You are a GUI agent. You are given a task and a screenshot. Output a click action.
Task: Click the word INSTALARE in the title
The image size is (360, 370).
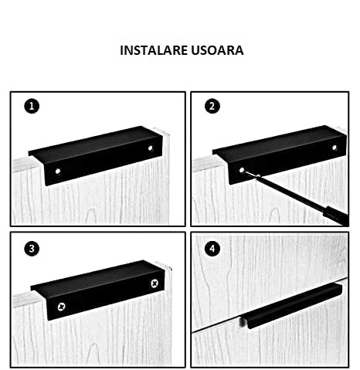tap(154, 50)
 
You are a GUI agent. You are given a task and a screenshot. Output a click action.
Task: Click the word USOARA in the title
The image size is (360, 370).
tap(217, 50)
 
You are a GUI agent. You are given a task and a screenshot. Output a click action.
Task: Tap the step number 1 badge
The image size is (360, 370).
tap(32, 107)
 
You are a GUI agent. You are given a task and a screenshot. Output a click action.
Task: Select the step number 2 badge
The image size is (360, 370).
tap(212, 107)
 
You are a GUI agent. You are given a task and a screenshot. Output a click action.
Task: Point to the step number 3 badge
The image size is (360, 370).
tap(32, 249)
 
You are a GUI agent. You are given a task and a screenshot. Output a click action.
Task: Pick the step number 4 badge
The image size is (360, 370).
tap(212, 249)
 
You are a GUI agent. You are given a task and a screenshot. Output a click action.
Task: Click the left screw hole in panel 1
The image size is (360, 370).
tap(58, 171)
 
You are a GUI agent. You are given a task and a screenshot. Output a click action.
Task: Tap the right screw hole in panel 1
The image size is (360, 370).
tap(150, 148)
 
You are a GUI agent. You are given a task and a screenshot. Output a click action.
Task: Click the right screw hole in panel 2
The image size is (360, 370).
tap(335, 148)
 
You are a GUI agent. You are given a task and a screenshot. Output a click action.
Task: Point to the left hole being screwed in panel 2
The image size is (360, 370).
tap(242, 170)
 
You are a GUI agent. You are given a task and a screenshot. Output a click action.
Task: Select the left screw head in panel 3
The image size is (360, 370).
tap(61, 307)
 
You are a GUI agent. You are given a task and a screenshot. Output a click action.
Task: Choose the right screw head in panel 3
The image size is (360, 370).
tap(155, 283)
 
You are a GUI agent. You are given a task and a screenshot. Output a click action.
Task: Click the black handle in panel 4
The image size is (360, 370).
tap(291, 306)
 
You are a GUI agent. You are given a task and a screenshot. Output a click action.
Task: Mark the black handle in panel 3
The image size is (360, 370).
tap(98, 290)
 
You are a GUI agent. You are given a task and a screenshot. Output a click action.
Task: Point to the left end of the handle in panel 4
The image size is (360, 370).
tap(243, 322)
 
